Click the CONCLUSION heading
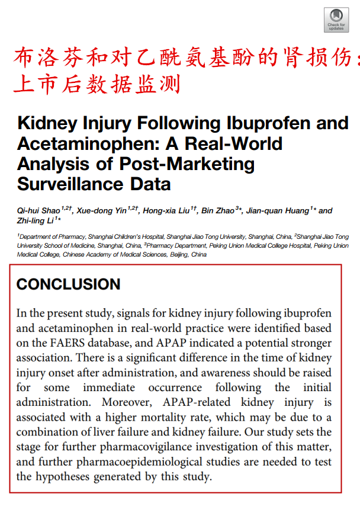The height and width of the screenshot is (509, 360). coord(68,284)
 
